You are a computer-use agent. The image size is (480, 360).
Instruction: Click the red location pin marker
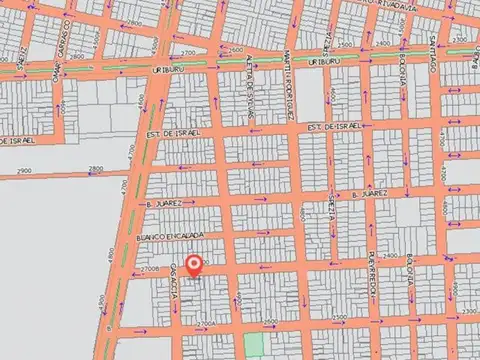(x=195, y=266)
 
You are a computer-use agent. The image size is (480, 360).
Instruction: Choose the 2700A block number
(x=205, y=323)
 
